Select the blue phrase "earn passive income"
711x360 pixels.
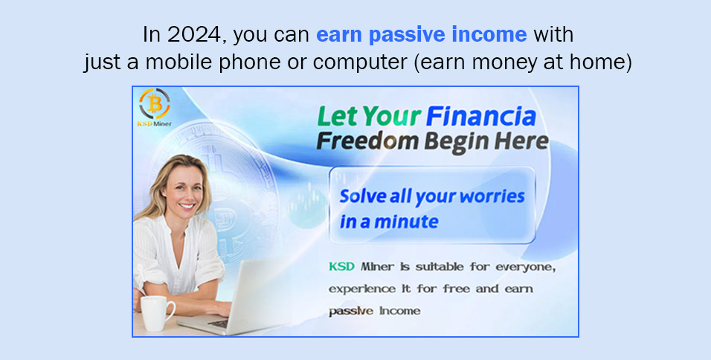[x=421, y=35]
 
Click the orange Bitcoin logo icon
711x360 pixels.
[x=154, y=104]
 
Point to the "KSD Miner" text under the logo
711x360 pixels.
[x=154, y=123]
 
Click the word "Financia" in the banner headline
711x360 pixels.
[x=480, y=117]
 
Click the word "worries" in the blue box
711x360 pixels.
[x=492, y=196]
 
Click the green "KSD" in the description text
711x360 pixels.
[x=341, y=266]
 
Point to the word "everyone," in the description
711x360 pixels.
[x=526, y=267]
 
